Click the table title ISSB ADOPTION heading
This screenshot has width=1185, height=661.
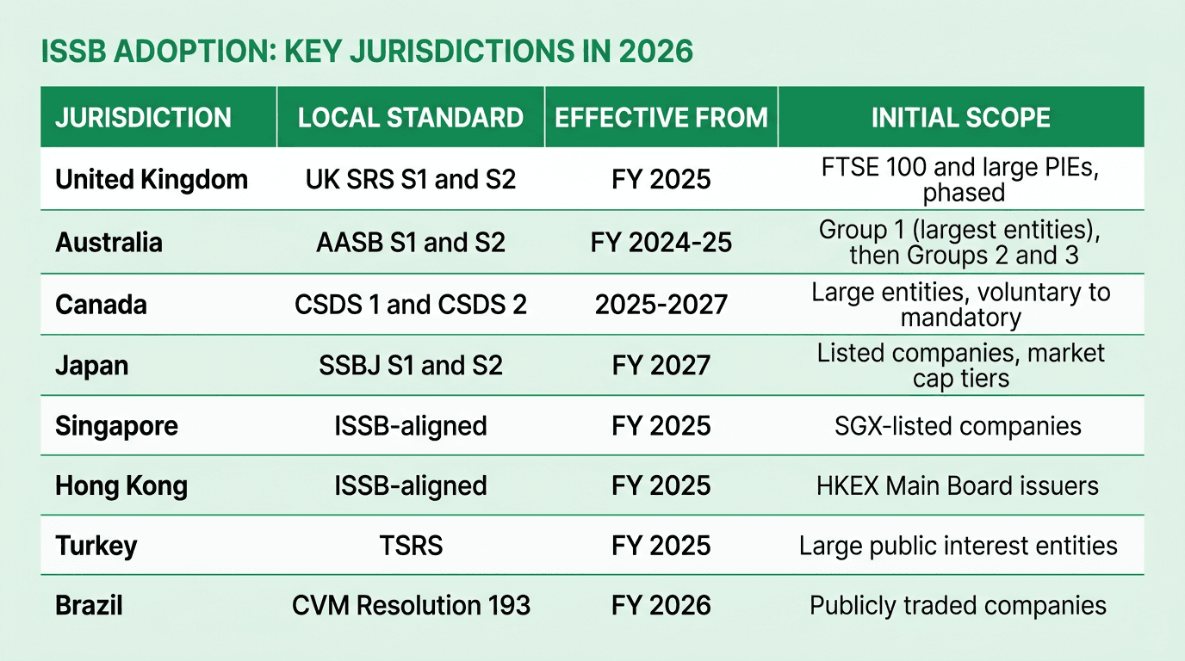tap(367, 52)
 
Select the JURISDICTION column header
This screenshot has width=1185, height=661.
tap(143, 118)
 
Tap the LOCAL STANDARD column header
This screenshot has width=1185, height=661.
tap(411, 118)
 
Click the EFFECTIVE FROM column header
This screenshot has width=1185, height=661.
tap(661, 118)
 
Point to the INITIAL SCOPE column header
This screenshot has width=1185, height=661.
tap(960, 118)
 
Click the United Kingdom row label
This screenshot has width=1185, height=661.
tap(152, 179)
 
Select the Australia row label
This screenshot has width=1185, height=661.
tap(109, 243)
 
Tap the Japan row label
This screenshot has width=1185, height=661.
tap(92, 365)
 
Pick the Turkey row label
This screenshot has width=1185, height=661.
tap(96, 546)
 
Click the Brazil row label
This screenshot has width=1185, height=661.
tap(90, 605)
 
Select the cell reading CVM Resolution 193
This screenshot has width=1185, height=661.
tap(411, 605)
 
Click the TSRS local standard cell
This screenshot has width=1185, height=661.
tap(411, 546)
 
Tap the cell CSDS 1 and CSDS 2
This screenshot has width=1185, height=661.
tap(411, 305)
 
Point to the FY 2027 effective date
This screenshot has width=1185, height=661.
tap(661, 365)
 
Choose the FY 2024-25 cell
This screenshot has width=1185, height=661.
tap(661, 243)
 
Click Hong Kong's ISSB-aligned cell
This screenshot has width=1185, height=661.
tap(411, 485)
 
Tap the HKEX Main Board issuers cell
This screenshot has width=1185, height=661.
tap(957, 485)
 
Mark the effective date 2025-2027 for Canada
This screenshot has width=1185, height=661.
tap(661, 305)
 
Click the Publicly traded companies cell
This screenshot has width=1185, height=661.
tap(958, 605)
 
